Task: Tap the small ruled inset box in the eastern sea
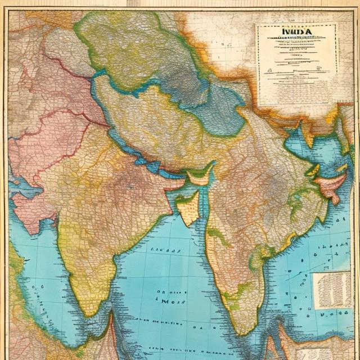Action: [331, 290]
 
